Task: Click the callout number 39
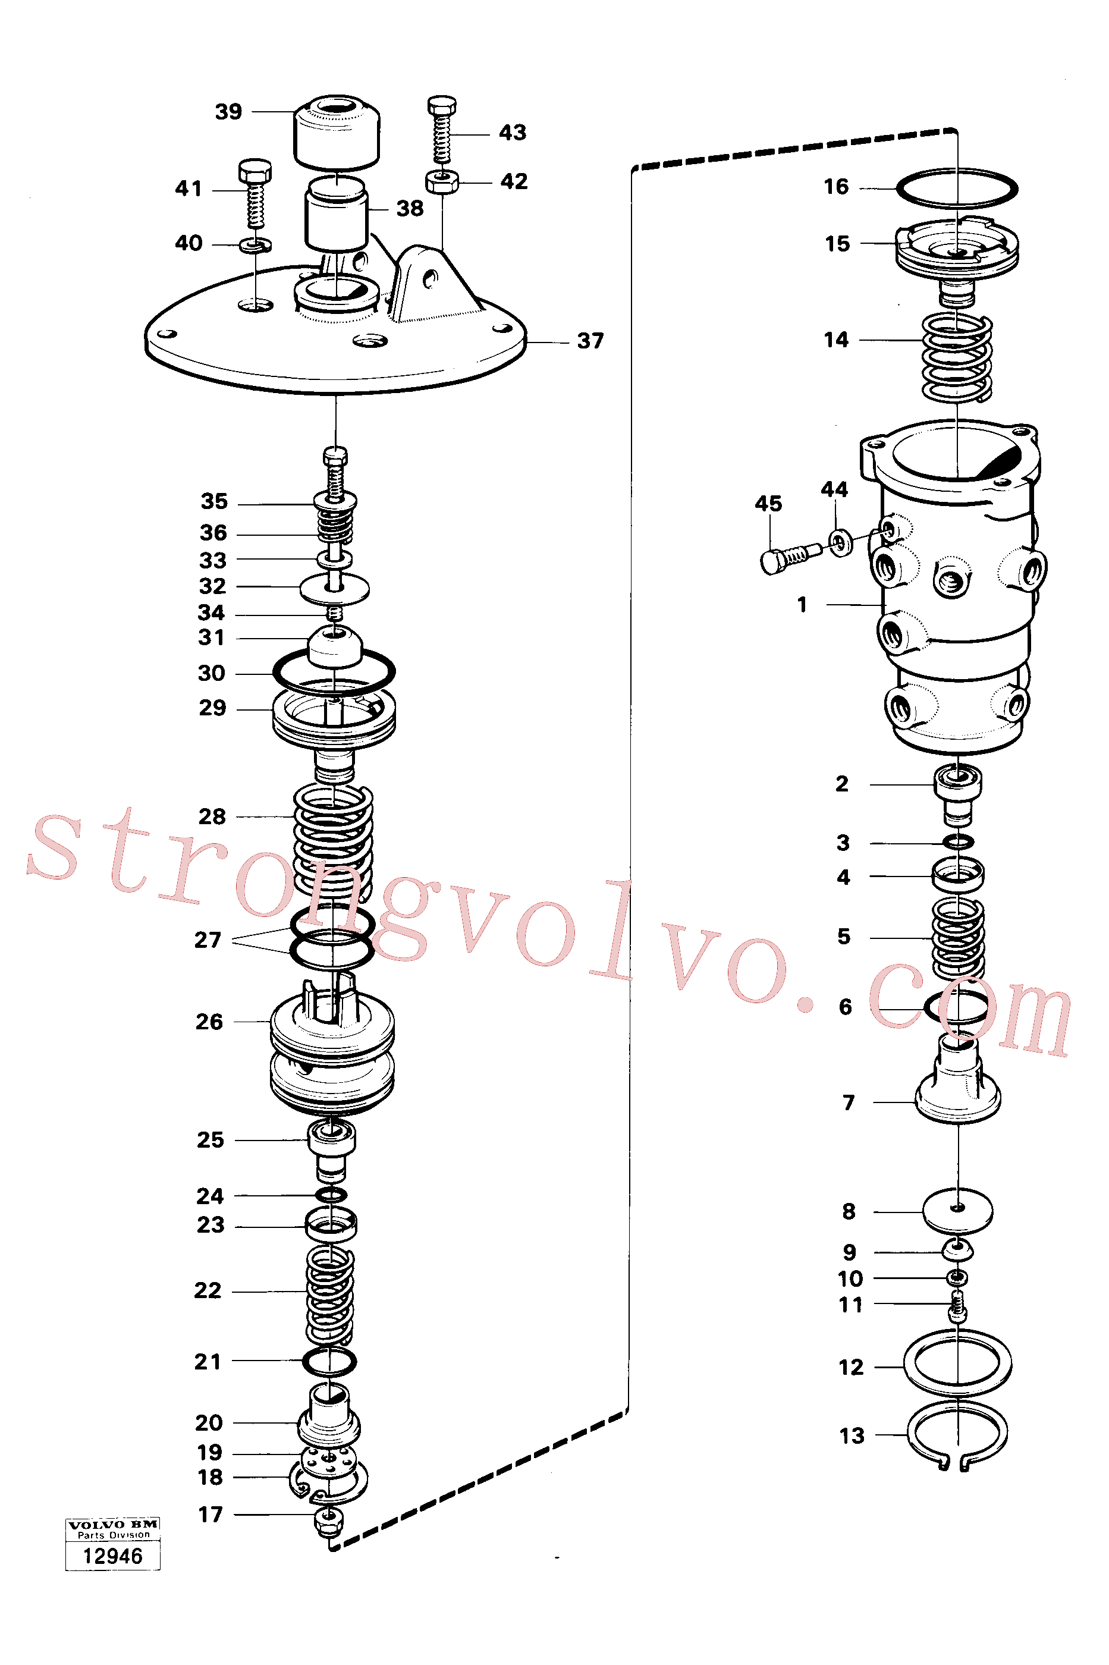click(228, 112)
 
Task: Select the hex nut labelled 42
click(442, 182)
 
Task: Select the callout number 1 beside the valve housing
click(802, 605)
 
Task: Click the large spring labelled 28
click(333, 841)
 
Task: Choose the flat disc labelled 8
click(957, 1212)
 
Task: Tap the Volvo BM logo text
click(113, 1524)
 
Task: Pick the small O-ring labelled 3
click(959, 841)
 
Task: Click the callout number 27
click(208, 940)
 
